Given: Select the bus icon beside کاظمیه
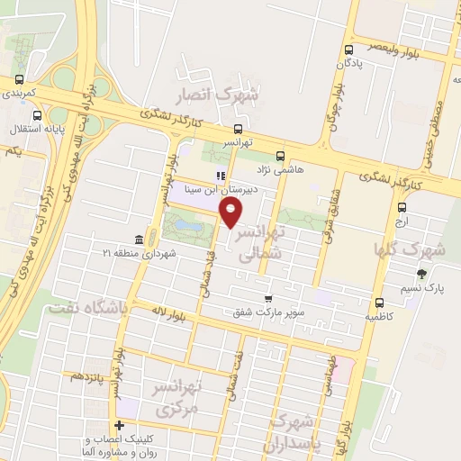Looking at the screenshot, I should click(378, 303).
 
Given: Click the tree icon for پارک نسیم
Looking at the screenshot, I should click(421, 274).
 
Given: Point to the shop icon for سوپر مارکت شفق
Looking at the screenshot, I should click(267, 298).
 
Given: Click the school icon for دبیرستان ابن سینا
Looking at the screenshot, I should click(219, 176).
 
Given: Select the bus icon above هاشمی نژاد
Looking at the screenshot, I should click(280, 155).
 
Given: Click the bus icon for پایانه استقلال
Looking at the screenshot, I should click(37, 115).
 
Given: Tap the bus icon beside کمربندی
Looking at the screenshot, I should click(17, 79).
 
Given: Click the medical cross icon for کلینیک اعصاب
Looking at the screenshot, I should click(119, 425).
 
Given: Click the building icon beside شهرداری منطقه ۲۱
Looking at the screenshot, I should click(138, 240).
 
